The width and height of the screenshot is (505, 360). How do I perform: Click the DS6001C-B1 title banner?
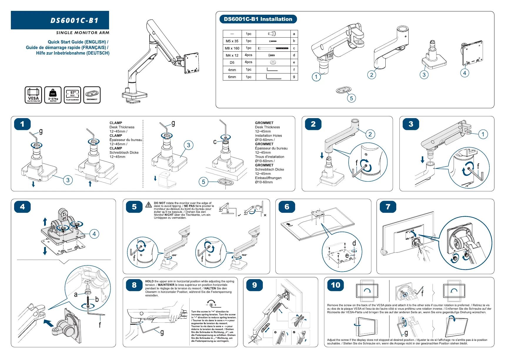tap(60, 20)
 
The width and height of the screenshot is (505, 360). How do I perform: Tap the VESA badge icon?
tap(33, 95)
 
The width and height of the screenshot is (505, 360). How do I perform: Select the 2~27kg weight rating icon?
tap(53, 95)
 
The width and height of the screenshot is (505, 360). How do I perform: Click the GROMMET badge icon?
tap(92, 95)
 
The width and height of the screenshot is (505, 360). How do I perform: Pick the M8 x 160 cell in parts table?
tap(232, 48)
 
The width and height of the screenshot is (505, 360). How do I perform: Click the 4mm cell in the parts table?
tap(232, 70)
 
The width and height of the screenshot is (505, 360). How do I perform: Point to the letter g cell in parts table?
tap(294, 77)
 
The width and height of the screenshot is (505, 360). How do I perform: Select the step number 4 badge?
tap(22, 207)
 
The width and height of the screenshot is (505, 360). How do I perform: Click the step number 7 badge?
tap(388, 207)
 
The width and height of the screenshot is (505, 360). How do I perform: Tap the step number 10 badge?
tap(335, 285)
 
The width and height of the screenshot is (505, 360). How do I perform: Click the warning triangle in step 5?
tap(149, 205)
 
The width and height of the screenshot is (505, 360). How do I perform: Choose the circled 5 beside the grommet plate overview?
tap(351, 98)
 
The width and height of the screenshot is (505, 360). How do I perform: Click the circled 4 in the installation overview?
tap(464, 73)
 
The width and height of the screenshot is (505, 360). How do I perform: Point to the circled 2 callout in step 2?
tap(370, 134)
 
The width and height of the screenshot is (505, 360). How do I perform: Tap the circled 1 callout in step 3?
tap(483, 134)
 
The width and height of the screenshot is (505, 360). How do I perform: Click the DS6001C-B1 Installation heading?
tap(258, 19)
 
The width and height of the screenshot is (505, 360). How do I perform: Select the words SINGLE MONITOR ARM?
tap(83, 33)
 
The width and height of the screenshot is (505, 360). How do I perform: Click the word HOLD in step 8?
tap(149, 281)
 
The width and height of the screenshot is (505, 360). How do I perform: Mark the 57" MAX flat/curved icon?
tap(72, 95)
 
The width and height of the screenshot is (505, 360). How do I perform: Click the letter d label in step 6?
tap(354, 243)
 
